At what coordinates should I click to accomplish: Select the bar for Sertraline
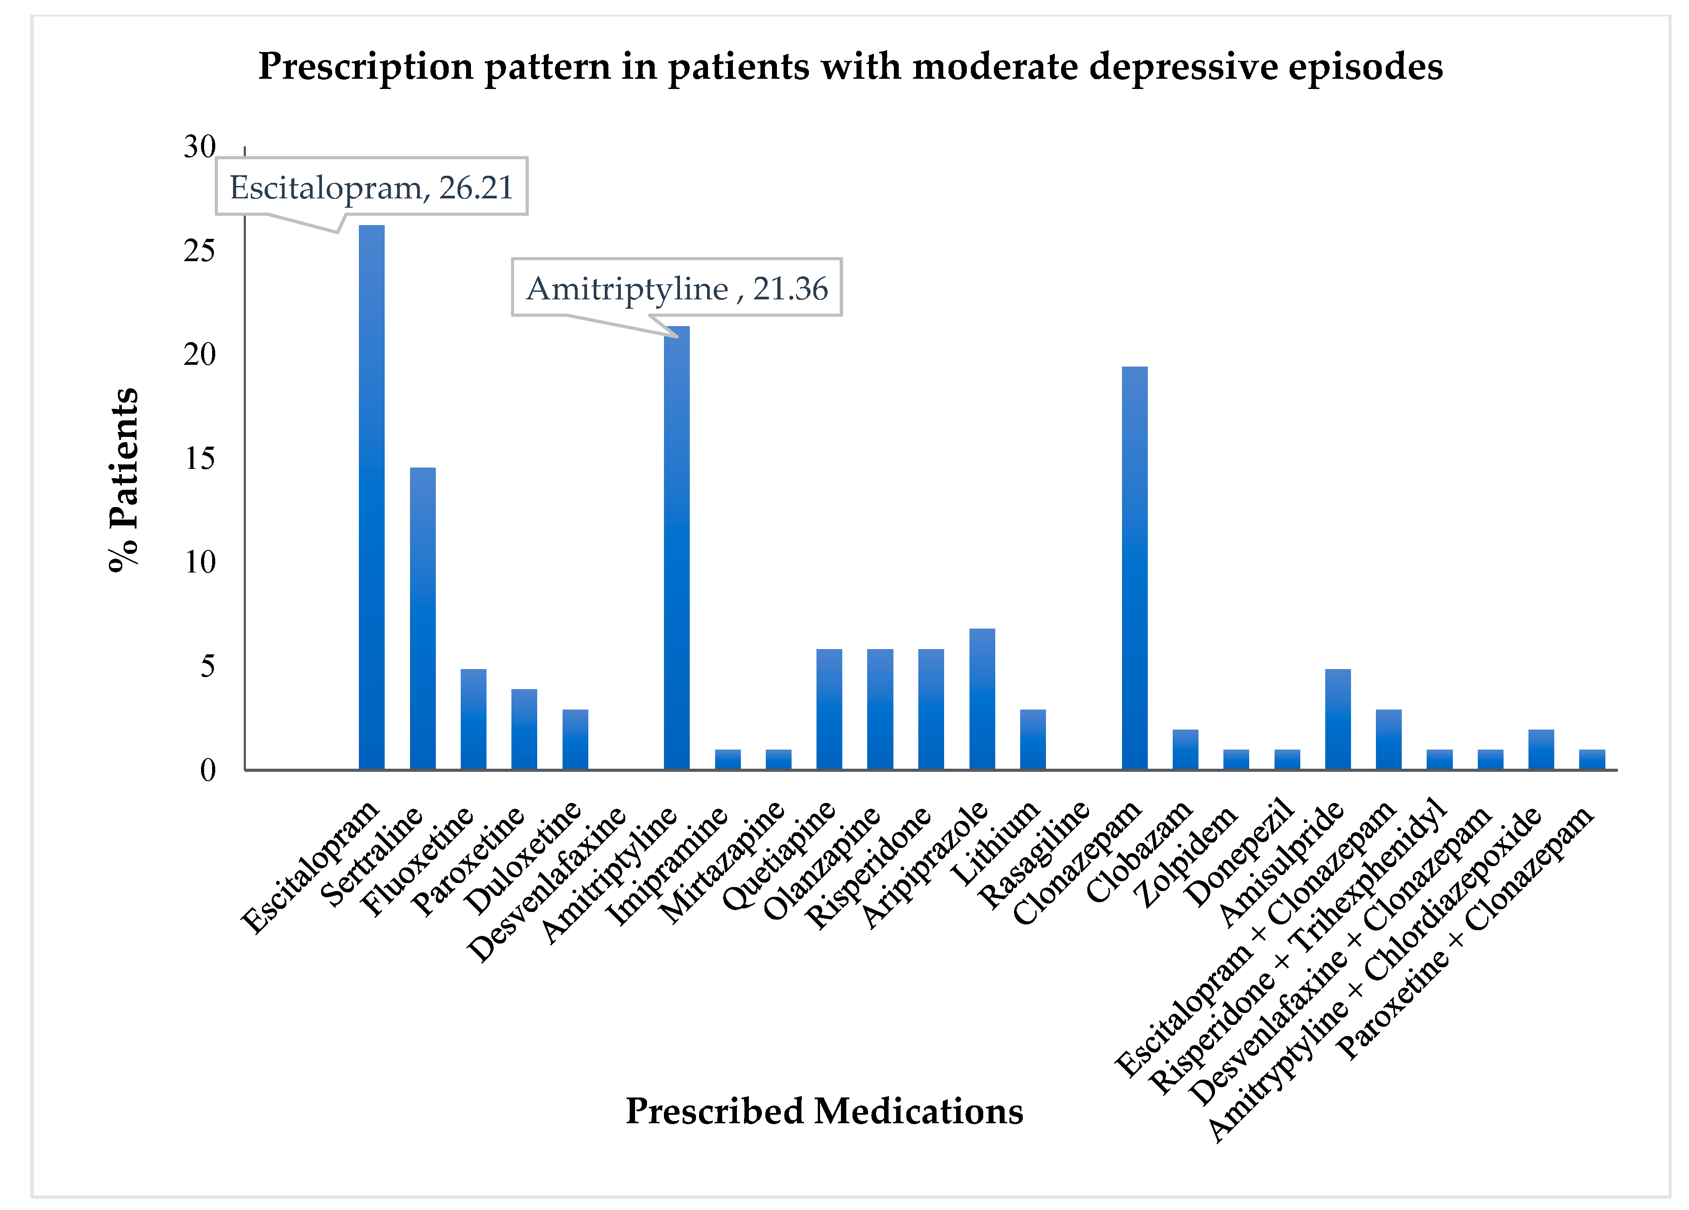tap(422, 618)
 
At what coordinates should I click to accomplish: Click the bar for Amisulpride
tap(1338, 719)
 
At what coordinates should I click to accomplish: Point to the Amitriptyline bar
tap(676, 548)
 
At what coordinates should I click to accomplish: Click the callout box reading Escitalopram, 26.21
tap(372, 186)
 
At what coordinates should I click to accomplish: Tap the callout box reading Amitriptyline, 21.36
tap(676, 288)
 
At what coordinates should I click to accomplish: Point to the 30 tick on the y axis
tap(200, 148)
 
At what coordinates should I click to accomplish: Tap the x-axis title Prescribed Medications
tap(824, 1111)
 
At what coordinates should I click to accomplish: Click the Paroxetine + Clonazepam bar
tap(1592, 759)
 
